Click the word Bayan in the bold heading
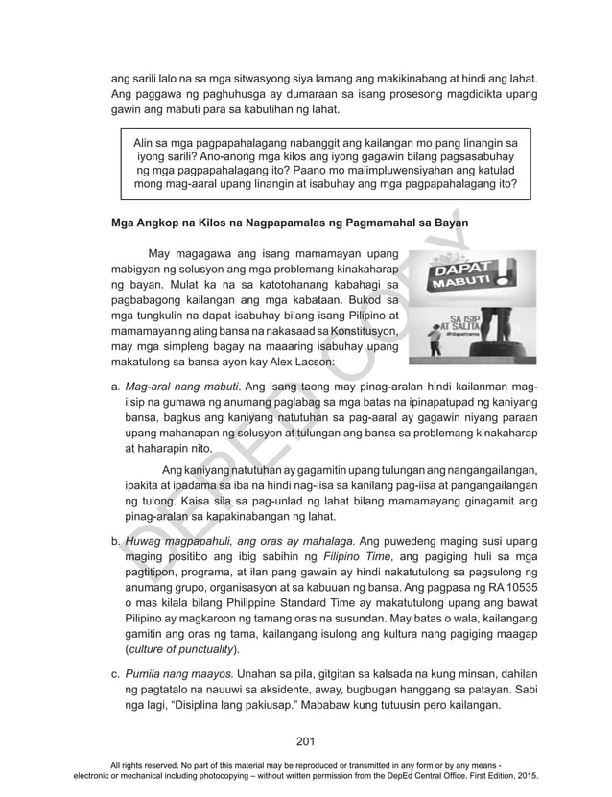(447, 222)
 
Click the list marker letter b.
(116, 542)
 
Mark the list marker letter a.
(116, 386)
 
